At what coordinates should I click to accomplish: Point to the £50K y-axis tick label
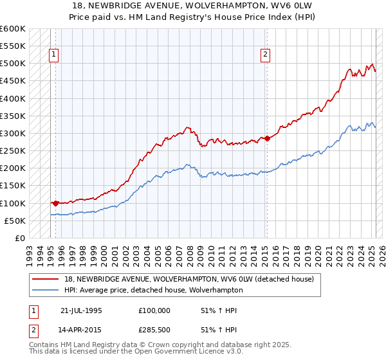click(14, 221)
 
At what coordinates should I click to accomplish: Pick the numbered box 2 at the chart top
click(265, 55)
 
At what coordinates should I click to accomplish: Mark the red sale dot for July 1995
click(55, 203)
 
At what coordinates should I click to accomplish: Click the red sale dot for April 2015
click(267, 138)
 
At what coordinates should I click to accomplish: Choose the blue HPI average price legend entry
click(153, 290)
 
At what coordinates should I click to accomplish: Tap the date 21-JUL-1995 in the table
click(81, 310)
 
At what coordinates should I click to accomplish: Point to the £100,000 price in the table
click(154, 310)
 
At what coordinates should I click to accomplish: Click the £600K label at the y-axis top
click(12, 29)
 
